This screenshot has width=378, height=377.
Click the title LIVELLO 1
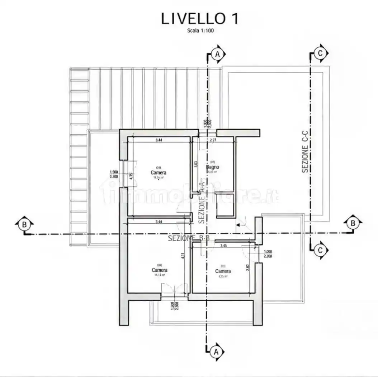[x=199, y=19]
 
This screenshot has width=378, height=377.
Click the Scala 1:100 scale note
[x=200, y=31]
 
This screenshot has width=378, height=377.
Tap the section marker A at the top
[x=217, y=54]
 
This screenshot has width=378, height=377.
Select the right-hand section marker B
[x=353, y=223]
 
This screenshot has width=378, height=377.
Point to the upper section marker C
[x=321, y=53]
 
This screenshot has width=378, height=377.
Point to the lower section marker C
[x=320, y=250]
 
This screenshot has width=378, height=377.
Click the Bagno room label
[x=212, y=167]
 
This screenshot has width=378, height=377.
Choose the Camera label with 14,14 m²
[x=159, y=270]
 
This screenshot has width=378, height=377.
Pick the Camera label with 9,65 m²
[x=223, y=271]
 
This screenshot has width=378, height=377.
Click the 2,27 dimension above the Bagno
[x=213, y=140]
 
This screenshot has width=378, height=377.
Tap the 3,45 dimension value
[x=223, y=246]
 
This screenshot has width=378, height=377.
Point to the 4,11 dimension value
[x=183, y=256]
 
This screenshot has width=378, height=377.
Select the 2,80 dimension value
[x=247, y=267]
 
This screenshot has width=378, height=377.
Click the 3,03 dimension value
[x=195, y=164]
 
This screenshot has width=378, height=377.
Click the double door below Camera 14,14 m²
[x=174, y=290]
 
